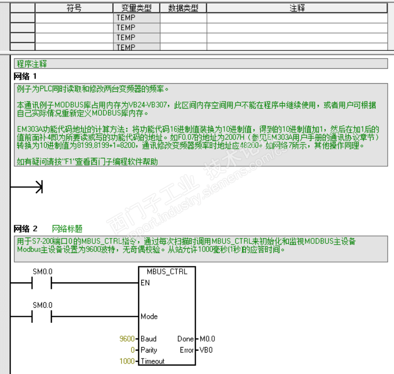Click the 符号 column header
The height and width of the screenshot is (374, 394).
[x=74, y=8]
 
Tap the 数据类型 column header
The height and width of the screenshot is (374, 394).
[x=183, y=8]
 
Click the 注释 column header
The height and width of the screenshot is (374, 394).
[x=297, y=8]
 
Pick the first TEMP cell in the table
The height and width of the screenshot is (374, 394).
[x=126, y=17]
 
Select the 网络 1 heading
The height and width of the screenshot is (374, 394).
[x=25, y=76]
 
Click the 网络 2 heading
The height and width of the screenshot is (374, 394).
[x=25, y=229]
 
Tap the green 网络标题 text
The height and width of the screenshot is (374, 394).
[x=67, y=229]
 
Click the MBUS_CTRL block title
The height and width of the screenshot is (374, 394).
[x=167, y=271]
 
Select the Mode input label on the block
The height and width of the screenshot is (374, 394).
[x=149, y=316]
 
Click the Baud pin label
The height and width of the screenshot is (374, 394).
[x=149, y=339]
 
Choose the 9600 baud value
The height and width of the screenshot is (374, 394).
[x=127, y=339]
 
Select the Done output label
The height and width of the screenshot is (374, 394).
[x=185, y=339]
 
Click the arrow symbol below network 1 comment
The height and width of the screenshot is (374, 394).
[x=38, y=187]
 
